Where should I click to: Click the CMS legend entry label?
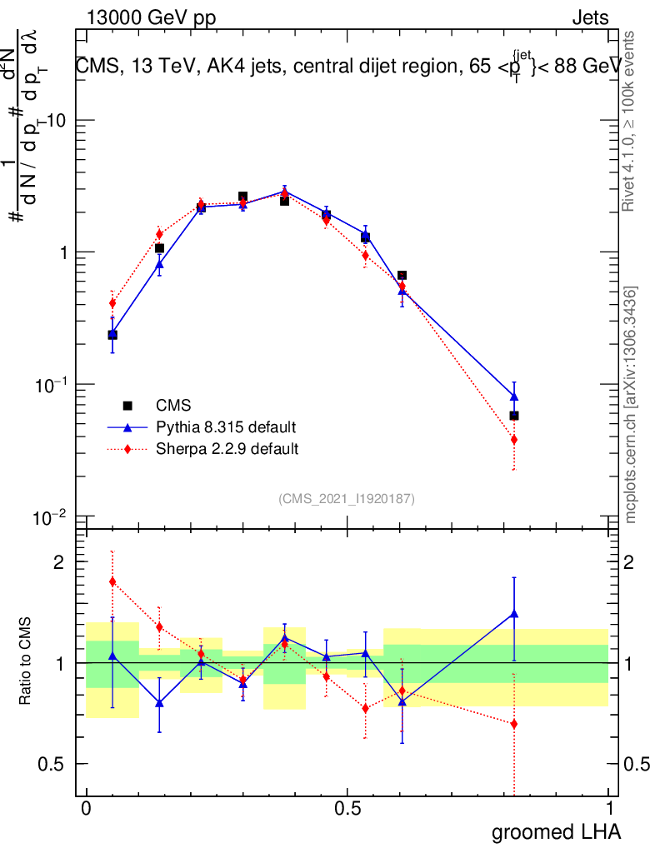coord(173,406)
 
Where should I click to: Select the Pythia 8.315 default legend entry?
coord(226,427)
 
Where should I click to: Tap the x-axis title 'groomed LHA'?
coord(556,831)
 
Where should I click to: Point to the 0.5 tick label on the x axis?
coord(347,808)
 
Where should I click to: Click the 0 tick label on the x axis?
coord(86,808)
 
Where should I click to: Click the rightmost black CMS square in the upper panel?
coord(514,415)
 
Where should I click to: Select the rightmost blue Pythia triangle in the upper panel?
coord(514,397)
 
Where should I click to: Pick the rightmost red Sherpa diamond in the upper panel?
coord(514,439)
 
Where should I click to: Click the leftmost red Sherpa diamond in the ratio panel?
coord(112,581)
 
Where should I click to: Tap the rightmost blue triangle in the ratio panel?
coord(514,614)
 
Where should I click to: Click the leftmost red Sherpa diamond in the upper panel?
coord(112,302)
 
